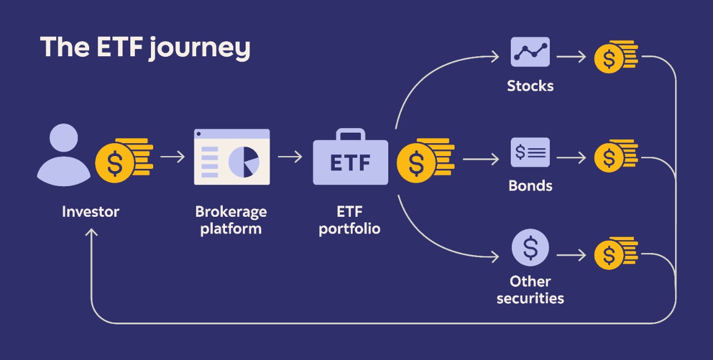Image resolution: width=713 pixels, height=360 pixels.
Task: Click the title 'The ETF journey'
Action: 145,48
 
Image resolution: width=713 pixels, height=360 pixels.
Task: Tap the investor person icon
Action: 64,155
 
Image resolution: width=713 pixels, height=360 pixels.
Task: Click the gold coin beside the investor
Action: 115,163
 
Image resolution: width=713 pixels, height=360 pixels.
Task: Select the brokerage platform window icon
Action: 232,157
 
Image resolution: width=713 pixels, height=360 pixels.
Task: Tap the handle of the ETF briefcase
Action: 350,134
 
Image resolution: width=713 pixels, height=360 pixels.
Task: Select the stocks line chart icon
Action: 530,52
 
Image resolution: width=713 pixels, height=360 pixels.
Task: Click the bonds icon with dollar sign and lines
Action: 530,152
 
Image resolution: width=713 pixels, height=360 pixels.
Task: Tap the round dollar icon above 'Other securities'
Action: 530,248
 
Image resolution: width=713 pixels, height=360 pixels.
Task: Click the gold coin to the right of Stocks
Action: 609,58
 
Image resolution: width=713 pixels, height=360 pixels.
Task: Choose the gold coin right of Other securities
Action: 609,255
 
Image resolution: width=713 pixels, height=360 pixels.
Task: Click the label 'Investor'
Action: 91,212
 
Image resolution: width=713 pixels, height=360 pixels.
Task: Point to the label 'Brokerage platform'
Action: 231,220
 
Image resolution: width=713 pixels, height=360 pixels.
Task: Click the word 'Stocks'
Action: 530,86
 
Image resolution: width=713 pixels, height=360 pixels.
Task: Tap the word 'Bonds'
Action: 530,186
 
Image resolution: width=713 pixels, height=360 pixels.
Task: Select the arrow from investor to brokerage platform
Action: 172,157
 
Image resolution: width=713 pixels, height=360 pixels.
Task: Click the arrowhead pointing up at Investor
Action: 92,233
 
